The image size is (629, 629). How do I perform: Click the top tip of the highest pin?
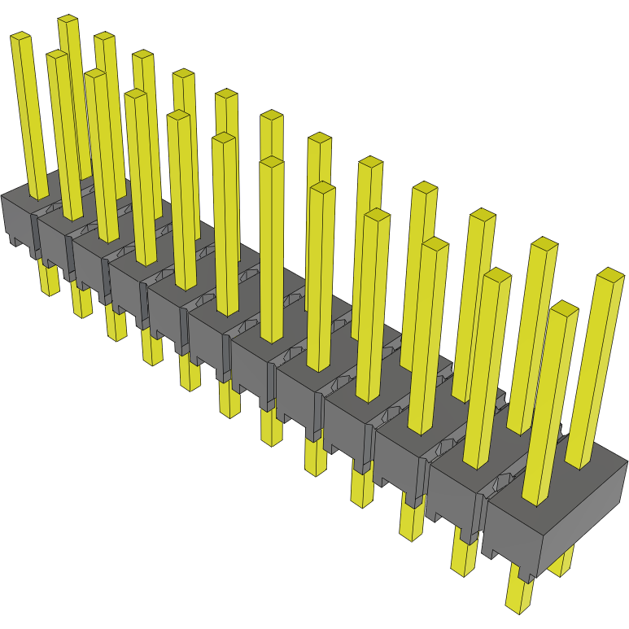(68, 20)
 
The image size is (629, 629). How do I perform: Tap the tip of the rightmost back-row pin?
(609, 274)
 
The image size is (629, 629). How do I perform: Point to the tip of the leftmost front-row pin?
(20, 37)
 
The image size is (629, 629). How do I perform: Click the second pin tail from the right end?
(465, 557)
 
